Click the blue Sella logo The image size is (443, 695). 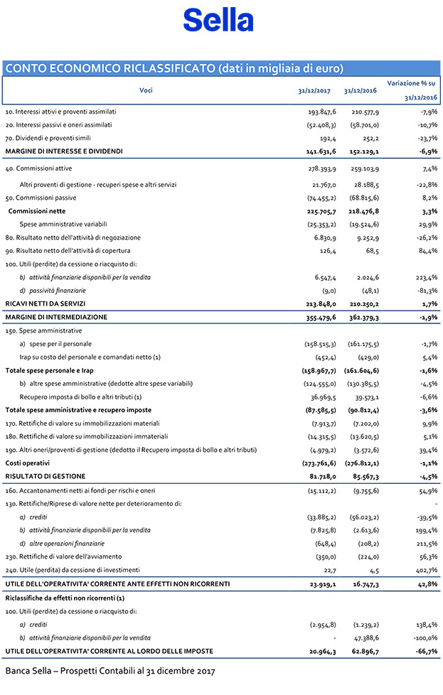pyautogui.click(x=218, y=21)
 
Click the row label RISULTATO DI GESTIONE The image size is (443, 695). pyautogui.click(x=46, y=475)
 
